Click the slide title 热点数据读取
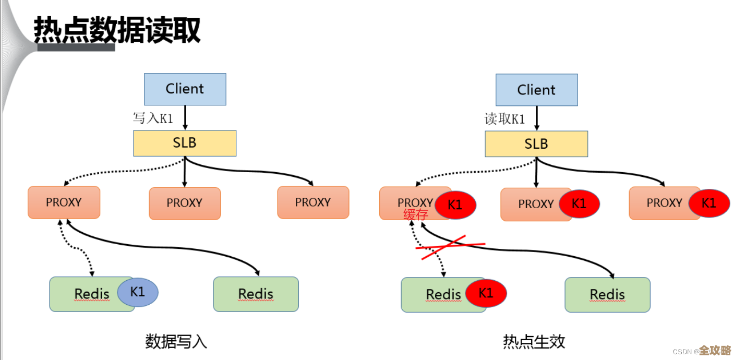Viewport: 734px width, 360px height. coord(117,30)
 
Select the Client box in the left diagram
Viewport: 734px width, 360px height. coord(185,89)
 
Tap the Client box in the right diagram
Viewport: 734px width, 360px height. coord(536,90)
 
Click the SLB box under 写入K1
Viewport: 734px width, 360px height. coord(185,143)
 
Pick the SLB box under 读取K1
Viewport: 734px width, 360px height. coord(536,143)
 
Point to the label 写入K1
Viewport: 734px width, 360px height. coord(153,118)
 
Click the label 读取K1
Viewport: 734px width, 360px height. coord(504,119)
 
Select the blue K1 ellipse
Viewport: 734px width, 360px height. coord(138,292)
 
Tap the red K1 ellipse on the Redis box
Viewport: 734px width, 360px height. coord(486,293)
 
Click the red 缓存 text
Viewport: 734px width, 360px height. coord(416,215)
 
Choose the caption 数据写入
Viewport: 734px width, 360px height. coord(176,342)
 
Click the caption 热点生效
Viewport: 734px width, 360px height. coord(534,342)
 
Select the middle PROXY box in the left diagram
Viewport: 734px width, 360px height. coord(185,203)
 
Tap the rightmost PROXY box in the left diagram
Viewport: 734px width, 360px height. coord(313,202)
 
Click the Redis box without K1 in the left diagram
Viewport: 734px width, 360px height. coord(256,294)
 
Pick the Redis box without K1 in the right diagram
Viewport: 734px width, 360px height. coord(607,294)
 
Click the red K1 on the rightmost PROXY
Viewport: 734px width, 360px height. coord(709,203)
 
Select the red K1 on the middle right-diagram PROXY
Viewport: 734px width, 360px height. coord(579,203)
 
